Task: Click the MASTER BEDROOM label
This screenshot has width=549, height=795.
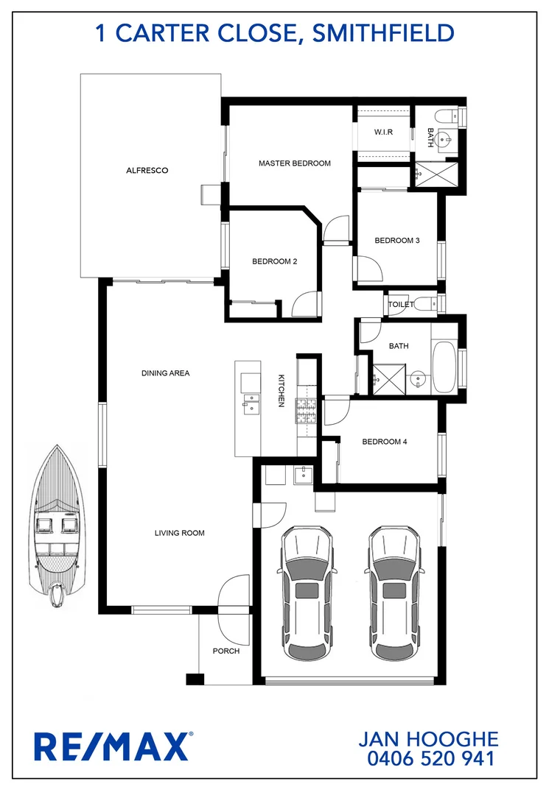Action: [294, 163]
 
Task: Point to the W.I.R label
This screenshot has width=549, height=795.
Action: [382, 132]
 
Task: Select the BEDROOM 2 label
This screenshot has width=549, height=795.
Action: [274, 261]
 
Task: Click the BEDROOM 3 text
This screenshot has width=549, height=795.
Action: [396, 241]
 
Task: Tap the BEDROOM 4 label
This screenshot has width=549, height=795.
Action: [384, 442]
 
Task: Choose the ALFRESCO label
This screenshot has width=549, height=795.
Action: [147, 171]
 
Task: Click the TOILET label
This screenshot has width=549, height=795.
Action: [399, 303]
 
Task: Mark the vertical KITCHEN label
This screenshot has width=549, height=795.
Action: [281, 390]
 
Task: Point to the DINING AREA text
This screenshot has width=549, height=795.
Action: [165, 373]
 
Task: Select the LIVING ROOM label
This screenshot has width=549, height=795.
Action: [179, 533]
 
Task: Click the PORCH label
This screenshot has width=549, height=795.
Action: [225, 651]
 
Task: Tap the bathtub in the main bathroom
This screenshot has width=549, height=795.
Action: [445, 366]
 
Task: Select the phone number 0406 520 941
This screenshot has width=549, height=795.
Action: [427, 757]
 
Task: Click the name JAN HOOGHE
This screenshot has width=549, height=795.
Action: [427, 738]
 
